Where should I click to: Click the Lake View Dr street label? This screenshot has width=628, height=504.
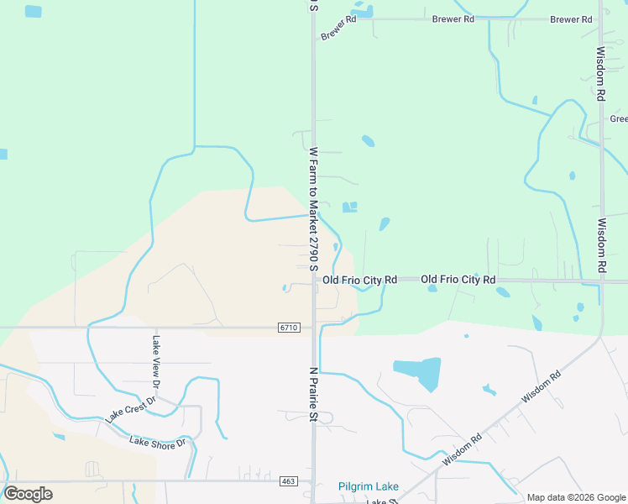155,362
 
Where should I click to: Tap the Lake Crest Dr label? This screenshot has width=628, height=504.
130,409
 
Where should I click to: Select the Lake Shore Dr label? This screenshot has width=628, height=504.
157,443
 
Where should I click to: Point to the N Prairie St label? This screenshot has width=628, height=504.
313,393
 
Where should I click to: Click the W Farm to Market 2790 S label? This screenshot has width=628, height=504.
313,209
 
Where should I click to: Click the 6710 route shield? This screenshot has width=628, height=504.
288,327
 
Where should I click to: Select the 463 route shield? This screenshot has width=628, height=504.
288,481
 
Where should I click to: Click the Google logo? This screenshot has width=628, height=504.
28,493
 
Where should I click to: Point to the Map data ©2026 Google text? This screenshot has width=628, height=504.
576,497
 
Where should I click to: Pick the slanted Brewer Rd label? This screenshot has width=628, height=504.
338,28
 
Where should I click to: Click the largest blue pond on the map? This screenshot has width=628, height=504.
418,372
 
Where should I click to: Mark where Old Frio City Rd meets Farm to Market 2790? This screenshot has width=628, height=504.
314,280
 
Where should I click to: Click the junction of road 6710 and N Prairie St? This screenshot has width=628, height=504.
314,327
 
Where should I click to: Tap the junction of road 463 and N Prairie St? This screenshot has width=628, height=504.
314,481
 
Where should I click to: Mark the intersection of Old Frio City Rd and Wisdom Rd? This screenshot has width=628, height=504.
601,281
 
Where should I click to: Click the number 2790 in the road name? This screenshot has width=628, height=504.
313,243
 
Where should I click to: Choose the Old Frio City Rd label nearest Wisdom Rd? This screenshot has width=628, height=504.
458,279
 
